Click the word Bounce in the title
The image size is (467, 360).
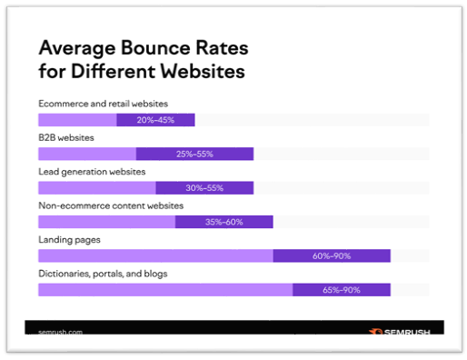pos(155,48)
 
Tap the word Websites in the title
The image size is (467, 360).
pos(203,71)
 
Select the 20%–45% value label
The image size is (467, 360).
pos(155,120)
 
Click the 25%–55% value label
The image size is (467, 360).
pos(194,154)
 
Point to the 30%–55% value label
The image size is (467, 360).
pos(204,188)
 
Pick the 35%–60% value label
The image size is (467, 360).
pos(224,222)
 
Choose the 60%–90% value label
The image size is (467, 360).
pos(332,256)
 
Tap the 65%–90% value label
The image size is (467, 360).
pos(342,290)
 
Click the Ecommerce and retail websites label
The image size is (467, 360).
pos(103,104)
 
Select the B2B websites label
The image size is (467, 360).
pos(66,137)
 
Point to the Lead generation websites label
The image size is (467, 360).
pos(92,172)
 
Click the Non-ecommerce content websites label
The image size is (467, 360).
pos(111,205)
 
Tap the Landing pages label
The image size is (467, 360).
pos(69,240)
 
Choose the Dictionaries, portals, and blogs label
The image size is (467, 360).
pos(103,274)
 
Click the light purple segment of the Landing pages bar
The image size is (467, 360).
pos(155,255)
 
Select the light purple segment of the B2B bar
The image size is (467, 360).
pos(87,154)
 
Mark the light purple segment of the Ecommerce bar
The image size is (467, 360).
pos(77,120)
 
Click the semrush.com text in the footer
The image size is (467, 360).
pos(61,332)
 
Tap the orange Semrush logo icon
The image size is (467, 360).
pos(376,332)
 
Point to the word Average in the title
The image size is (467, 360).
pos(77,48)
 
